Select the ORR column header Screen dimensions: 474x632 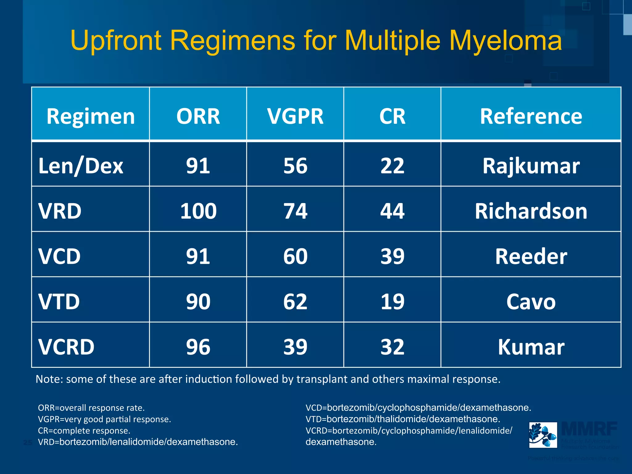tap(198, 116)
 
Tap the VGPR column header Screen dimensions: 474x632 tap(295, 116)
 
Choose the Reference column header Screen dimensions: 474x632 tap(531, 116)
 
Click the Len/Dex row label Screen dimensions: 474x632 tap(81, 166)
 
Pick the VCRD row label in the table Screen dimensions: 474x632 tap(66, 347)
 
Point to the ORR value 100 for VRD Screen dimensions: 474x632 tap(198, 211)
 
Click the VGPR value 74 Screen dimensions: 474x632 tap(295, 211)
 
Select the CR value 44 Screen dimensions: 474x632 tap(392, 211)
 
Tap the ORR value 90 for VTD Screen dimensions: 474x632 tap(198, 301)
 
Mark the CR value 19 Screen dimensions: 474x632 tap(392, 301)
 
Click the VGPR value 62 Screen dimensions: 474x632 tap(295, 301)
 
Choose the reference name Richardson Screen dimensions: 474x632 tap(531, 211)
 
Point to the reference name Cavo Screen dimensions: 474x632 tap(531, 301)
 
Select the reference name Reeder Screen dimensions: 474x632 tap(531, 256)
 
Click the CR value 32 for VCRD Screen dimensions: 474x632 tap(392, 347)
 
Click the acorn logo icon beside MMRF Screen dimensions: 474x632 tap(543, 435)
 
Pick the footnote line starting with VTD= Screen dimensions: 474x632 tap(403, 419)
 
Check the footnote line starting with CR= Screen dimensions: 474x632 tap(84, 430)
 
